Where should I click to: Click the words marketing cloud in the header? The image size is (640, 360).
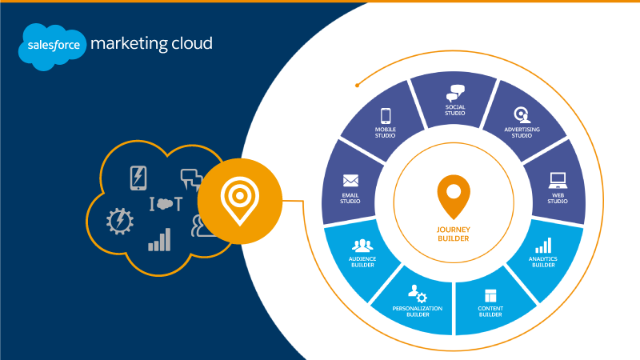pos(151,43)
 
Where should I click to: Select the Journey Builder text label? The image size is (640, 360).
pos(454,233)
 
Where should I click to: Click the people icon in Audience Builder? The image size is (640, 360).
pos(363,245)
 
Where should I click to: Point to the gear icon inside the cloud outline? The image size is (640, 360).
pos(120,221)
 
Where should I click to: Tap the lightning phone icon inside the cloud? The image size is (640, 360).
pos(138,178)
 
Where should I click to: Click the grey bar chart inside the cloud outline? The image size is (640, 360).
pos(159,239)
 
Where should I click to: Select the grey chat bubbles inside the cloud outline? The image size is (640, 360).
pos(192,178)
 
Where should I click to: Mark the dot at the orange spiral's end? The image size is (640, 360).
pos(358,83)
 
